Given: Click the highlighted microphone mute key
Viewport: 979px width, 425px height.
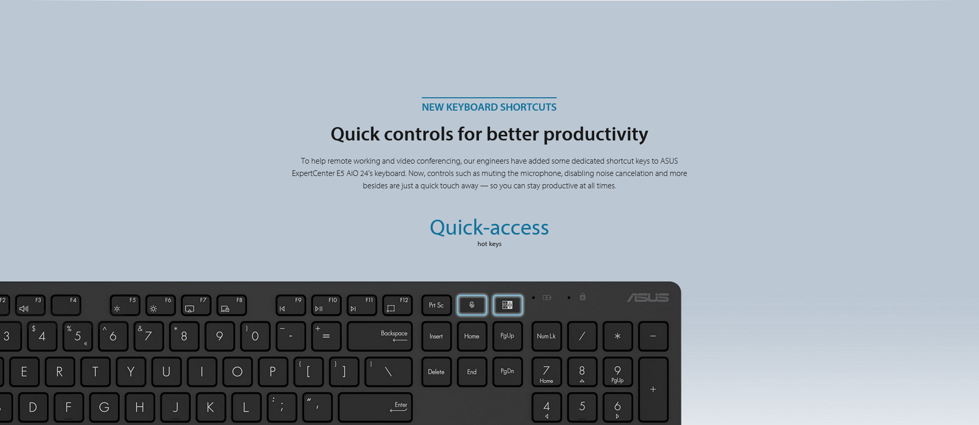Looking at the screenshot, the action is point(472,305).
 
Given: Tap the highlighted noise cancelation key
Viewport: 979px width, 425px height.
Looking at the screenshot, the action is point(508,305).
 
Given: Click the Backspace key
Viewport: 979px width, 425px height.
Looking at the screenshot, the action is point(380,337).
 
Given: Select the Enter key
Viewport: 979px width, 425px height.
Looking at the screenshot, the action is point(375,408).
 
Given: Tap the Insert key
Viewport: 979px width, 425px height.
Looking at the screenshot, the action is point(436,337).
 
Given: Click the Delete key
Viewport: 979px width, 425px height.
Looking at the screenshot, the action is point(436,372).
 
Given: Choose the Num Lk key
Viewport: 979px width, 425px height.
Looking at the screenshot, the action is point(546,337).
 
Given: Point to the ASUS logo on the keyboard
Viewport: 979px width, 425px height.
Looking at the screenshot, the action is point(648,298).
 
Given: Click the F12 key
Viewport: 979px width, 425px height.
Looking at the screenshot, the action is point(397,305).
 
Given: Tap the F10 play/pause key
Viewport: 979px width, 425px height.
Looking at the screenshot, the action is point(326,305).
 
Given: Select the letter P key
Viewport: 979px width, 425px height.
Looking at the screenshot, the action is point(273,372).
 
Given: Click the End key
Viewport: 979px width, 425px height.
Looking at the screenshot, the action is point(472,372).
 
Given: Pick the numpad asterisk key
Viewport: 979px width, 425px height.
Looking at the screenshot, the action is point(617,337).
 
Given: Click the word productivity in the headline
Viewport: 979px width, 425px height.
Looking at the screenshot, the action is point(596,134).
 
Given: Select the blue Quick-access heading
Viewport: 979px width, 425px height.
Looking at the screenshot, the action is point(489,227).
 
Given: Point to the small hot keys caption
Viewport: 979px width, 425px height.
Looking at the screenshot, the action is point(489,244).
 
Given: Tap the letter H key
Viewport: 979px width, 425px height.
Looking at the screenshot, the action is point(139,408).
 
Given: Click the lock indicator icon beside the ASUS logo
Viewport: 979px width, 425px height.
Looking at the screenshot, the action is point(582,297).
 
